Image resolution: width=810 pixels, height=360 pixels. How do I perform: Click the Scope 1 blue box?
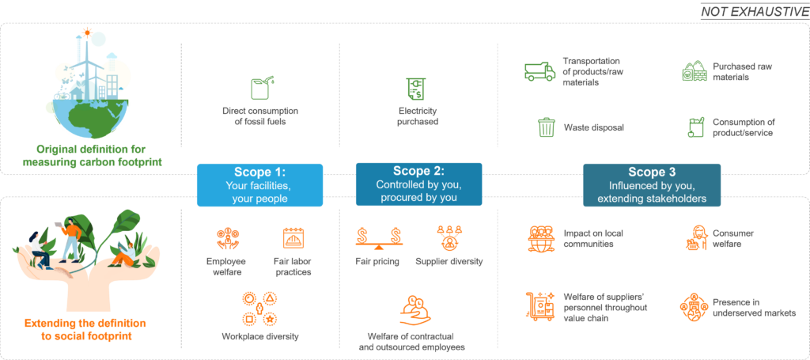[259, 185]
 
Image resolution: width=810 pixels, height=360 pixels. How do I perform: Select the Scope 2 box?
[418, 184]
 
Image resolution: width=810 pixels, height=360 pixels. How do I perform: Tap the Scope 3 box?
[652, 185]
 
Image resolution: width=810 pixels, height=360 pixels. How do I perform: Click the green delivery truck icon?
[540, 72]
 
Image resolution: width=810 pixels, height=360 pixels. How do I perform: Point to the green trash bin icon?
[546, 127]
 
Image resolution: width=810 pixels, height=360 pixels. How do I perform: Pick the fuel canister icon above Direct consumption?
[260, 85]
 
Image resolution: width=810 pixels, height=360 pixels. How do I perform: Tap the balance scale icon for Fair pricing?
[379, 237]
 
